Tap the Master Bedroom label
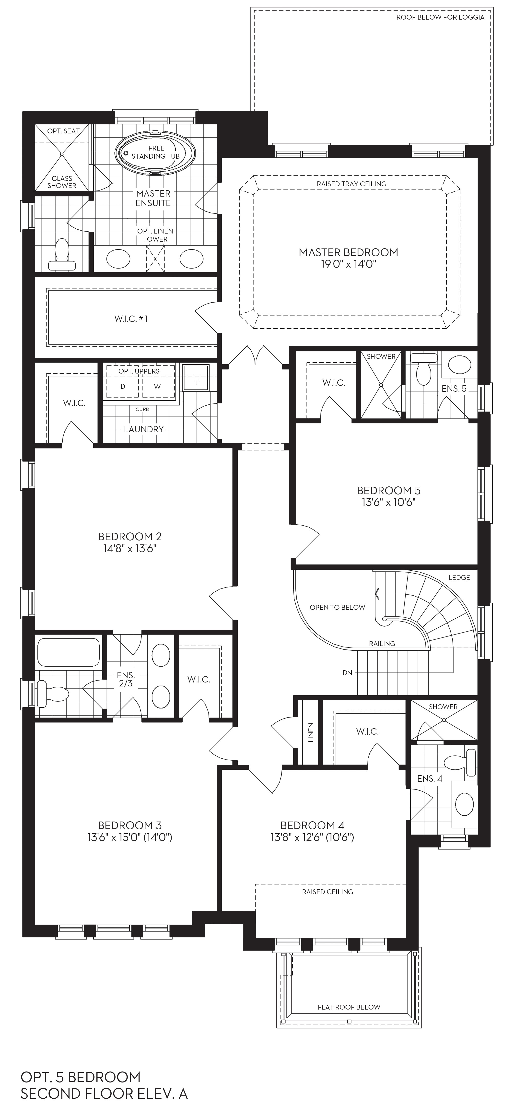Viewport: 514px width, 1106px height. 348,252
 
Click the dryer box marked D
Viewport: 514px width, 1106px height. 123,386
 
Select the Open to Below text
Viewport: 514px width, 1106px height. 338,607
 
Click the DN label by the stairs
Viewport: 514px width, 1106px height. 347,673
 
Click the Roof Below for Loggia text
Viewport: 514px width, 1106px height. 440,17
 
